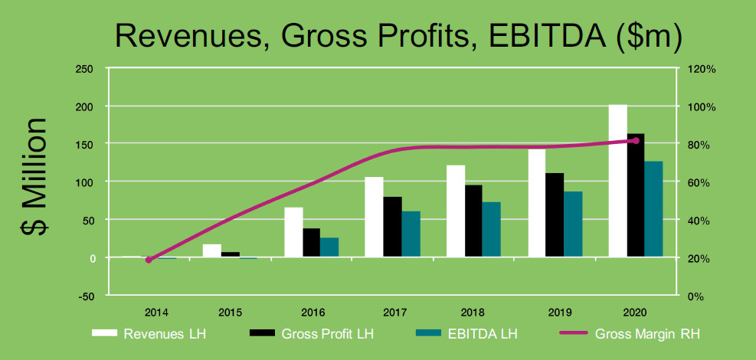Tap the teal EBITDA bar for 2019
point(573,224)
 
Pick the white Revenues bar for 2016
point(293,232)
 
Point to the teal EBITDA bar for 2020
point(653,209)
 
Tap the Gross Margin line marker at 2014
point(149,260)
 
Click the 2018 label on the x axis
point(473,313)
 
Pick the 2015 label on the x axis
point(230,313)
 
